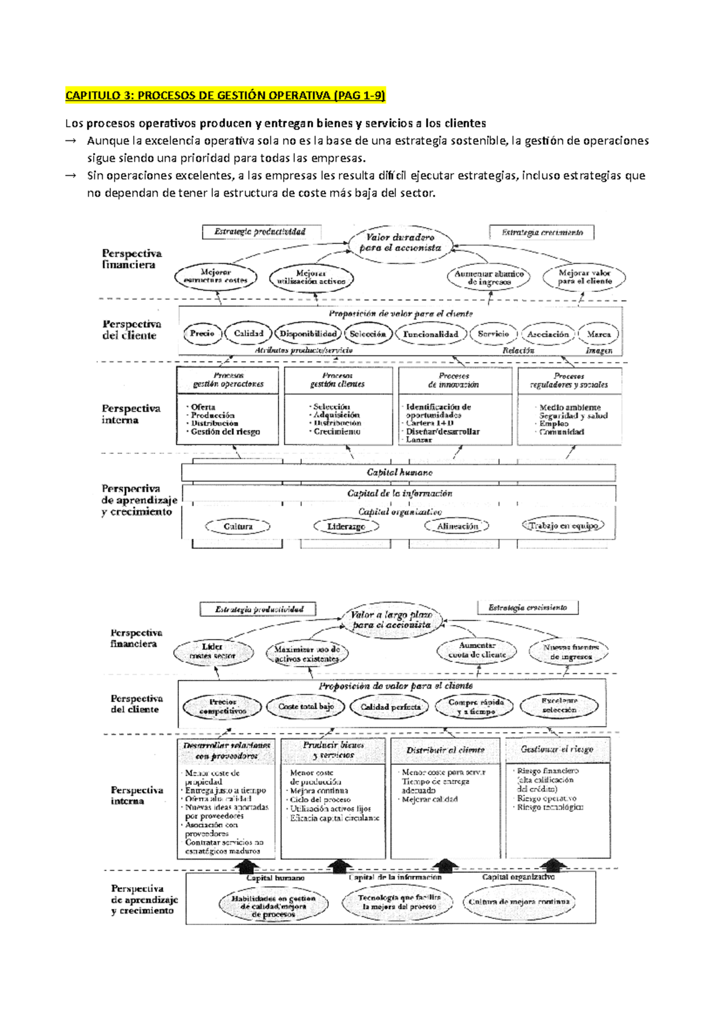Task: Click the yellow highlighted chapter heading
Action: [x=225, y=95]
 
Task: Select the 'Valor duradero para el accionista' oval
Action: [x=400, y=243]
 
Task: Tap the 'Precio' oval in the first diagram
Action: [x=202, y=334]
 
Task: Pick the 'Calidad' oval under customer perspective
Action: [x=248, y=334]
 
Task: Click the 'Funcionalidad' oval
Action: [x=430, y=335]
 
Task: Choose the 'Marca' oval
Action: [x=598, y=335]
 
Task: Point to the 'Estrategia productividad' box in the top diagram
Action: [x=260, y=232]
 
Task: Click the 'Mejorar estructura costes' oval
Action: [x=215, y=276]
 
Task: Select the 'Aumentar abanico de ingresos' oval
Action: [x=489, y=278]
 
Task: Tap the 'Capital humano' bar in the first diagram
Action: [x=399, y=472]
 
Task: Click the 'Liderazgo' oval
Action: [x=346, y=526]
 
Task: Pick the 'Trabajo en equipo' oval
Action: [x=563, y=526]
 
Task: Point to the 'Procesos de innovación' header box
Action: [x=454, y=381]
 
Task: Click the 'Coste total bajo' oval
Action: [x=306, y=707]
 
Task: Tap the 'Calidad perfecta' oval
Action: [x=391, y=707]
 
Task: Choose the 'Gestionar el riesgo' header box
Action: [x=557, y=749]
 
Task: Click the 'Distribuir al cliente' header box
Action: [x=445, y=750]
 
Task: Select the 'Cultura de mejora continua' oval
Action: [x=519, y=902]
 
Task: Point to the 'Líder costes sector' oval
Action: [x=212, y=652]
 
